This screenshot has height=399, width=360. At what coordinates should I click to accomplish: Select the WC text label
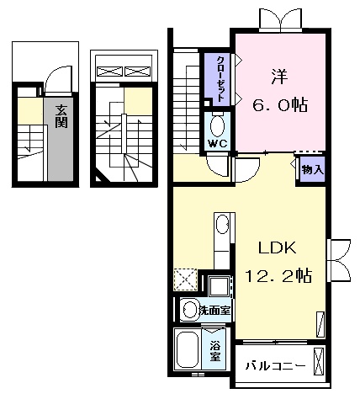point(217,143)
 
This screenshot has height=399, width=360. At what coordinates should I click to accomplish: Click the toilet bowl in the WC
point(217,126)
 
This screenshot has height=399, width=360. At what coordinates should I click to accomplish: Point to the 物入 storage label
point(311,169)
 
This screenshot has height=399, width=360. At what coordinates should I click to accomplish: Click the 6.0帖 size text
point(279,106)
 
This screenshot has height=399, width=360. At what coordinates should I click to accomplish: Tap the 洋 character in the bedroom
point(279,75)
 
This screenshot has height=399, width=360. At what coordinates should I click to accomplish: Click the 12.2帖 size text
point(281,275)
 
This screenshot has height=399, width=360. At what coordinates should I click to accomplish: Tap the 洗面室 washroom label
point(215,310)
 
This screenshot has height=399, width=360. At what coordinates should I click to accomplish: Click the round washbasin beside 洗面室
point(188,309)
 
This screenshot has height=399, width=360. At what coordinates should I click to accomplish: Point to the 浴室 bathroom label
point(214,347)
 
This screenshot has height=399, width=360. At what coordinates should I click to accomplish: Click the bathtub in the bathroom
point(187,348)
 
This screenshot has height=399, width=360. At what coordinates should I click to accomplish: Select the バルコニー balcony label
point(275,366)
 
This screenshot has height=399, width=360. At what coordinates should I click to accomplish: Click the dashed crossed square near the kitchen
point(185,279)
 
